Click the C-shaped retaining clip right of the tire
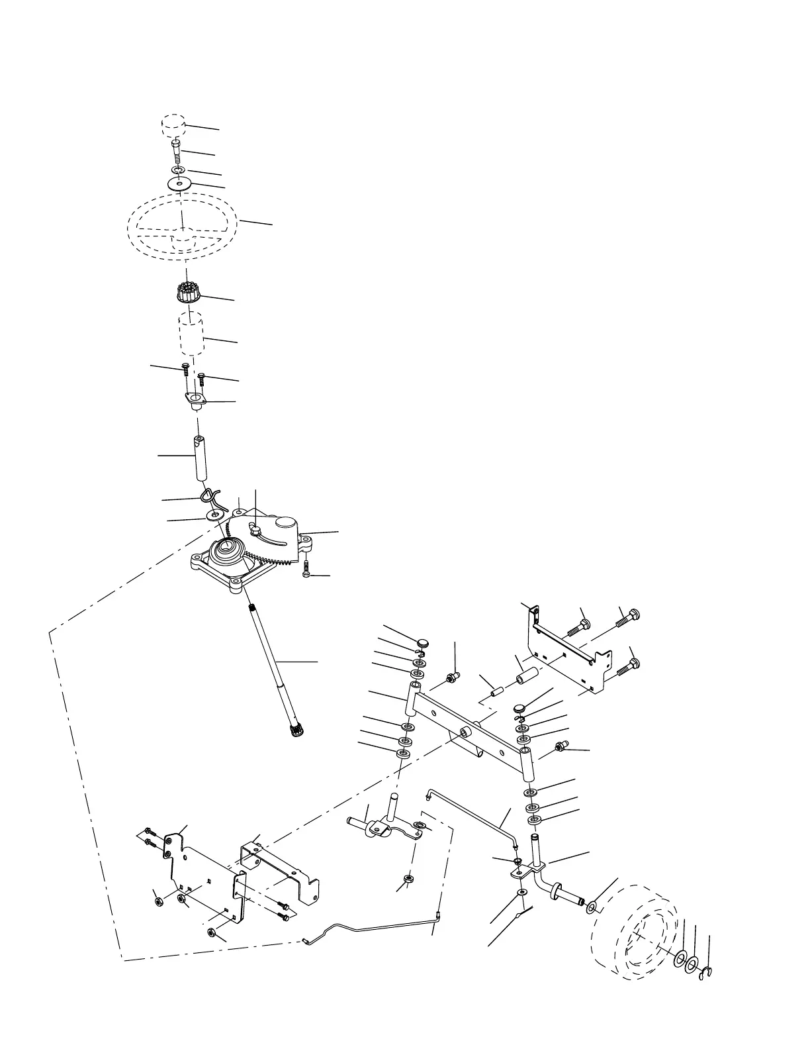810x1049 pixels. click(x=706, y=973)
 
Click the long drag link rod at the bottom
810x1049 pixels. click(x=371, y=927)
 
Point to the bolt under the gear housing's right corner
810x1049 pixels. click(x=307, y=570)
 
